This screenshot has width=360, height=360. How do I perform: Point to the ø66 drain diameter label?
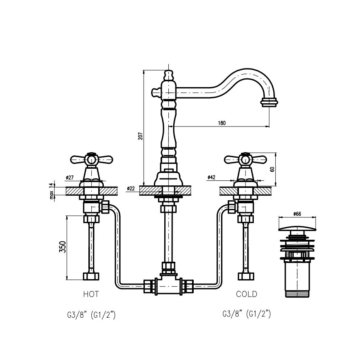click(x=297, y=214)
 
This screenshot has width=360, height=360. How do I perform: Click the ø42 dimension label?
click(x=211, y=177)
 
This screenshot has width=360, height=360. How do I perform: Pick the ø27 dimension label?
click(x=69, y=178)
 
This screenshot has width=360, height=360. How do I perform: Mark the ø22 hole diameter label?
click(x=131, y=189)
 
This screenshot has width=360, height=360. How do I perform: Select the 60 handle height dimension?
click(x=272, y=169)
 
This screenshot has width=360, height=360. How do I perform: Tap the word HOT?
click(x=91, y=294)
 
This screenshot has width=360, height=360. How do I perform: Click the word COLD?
click(x=246, y=294)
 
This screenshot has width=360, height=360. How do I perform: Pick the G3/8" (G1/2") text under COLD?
click(x=246, y=314)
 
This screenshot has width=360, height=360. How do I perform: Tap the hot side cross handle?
click(x=91, y=159)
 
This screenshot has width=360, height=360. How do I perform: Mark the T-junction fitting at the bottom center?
click(x=168, y=285)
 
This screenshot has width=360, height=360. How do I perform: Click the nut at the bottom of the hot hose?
click(x=91, y=276)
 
